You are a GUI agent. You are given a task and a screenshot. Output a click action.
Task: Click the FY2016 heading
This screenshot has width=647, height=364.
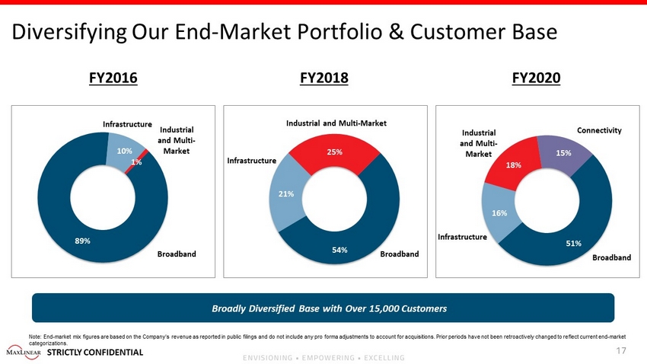[x=113, y=78]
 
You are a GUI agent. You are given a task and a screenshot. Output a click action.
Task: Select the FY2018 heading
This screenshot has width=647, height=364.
[x=324, y=78]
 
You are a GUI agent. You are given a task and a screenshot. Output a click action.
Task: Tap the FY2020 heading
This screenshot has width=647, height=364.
[x=536, y=78]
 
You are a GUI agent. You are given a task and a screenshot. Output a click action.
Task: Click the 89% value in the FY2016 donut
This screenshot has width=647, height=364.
[x=82, y=241]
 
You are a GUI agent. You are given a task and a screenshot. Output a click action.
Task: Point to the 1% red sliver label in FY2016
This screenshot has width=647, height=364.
[x=136, y=162]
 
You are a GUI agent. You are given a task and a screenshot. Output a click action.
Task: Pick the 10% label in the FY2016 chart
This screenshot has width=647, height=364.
[x=124, y=151]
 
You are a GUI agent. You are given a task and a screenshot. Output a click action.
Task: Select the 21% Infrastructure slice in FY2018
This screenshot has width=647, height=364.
[x=287, y=194]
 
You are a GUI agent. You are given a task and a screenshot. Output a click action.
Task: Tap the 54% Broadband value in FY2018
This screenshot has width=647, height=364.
[x=339, y=250]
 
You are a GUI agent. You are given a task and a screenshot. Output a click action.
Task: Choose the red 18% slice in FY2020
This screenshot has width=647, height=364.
[x=514, y=165]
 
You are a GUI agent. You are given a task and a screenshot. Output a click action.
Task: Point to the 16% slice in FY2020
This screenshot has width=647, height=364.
[x=500, y=213]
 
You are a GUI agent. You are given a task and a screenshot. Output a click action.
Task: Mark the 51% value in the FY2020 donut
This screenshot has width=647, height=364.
[x=574, y=243]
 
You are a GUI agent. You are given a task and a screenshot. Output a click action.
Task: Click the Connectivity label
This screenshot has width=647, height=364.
[x=599, y=130]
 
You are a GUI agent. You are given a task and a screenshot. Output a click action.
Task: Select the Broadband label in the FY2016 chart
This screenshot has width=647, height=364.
[x=177, y=254]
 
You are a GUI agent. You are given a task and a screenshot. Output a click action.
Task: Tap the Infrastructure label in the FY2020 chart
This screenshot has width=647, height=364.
[x=462, y=237]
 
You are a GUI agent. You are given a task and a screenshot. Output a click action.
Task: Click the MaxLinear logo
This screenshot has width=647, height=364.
[x=24, y=352]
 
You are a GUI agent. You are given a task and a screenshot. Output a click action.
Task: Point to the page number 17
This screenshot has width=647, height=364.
[x=621, y=351]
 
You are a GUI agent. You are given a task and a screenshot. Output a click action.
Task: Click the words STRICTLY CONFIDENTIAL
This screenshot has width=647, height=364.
[x=95, y=352]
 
